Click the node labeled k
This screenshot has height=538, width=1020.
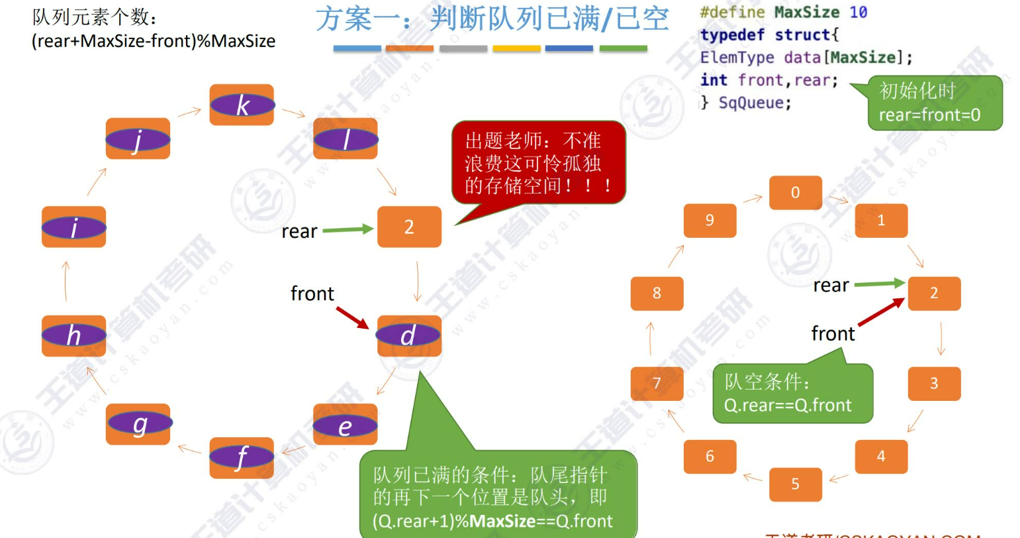[x=242, y=105]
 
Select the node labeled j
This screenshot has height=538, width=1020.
[x=138, y=139]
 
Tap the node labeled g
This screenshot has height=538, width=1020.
[x=138, y=424]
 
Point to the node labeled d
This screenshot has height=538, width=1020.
[x=408, y=335]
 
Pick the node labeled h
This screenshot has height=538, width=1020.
[x=73, y=335]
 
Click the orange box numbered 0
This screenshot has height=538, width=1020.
[x=795, y=193]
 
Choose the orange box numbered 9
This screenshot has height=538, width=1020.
[x=710, y=220]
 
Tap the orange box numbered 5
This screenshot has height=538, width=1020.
[x=795, y=484]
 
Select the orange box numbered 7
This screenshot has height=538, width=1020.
[x=657, y=383]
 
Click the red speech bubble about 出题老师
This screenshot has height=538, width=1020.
[x=537, y=162]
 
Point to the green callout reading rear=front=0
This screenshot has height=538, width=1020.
[x=935, y=103]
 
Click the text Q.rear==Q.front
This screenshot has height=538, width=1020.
[x=788, y=405]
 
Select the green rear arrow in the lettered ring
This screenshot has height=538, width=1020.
[x=348, y=230]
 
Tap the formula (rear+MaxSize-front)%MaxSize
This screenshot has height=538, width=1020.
[x=153, y=41]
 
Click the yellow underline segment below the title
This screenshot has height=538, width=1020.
[x=516, y=48]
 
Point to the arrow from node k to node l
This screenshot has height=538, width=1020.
[x=293, y=113]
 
